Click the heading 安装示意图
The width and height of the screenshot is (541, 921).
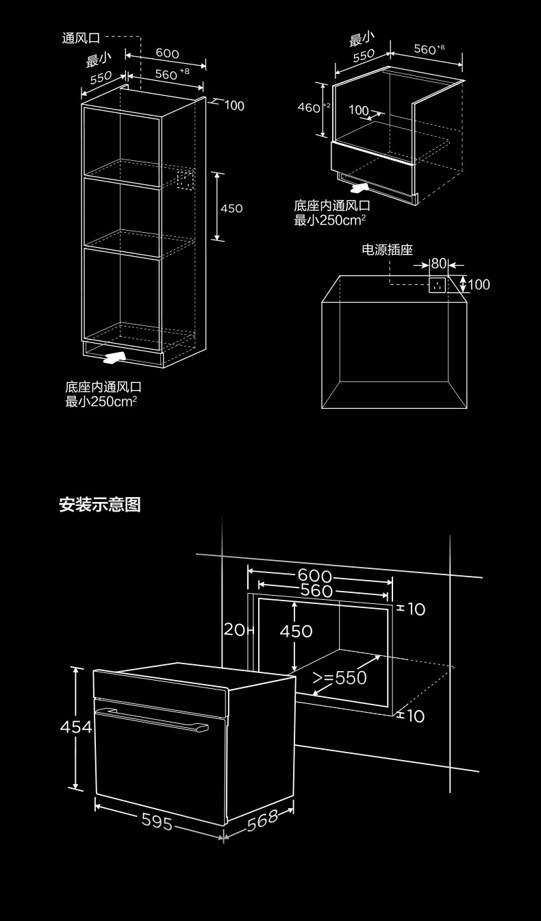(x=99, y=505)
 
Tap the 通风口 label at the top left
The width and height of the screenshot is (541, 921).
(x=81, y=38)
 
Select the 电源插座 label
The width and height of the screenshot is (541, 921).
(x=387, y=251)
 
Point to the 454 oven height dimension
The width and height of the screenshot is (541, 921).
(x=75, y=727)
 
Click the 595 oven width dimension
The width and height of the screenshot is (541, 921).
(x=157, y=821)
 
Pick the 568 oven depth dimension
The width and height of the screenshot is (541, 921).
(x=262, y=820)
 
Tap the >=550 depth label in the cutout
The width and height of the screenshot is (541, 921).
(x=340, y=678)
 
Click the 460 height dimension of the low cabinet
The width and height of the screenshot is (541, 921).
(x=310, y=108)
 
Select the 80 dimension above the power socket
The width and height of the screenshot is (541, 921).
(x=438, y=264)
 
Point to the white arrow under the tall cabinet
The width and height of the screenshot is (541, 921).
(x=113, y=357)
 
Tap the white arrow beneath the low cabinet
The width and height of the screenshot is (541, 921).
(x=358, y=186)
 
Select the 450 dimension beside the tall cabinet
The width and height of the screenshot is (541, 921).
(x=231, y=208)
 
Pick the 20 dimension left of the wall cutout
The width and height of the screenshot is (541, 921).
(x=234, y=629)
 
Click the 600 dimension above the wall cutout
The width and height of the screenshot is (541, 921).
(x=314, y=576)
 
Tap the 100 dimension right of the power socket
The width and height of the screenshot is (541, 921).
(x=479, y=284)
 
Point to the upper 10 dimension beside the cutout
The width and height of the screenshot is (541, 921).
(x=416, y=609)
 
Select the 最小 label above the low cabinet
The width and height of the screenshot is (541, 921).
(x=362, y=38)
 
